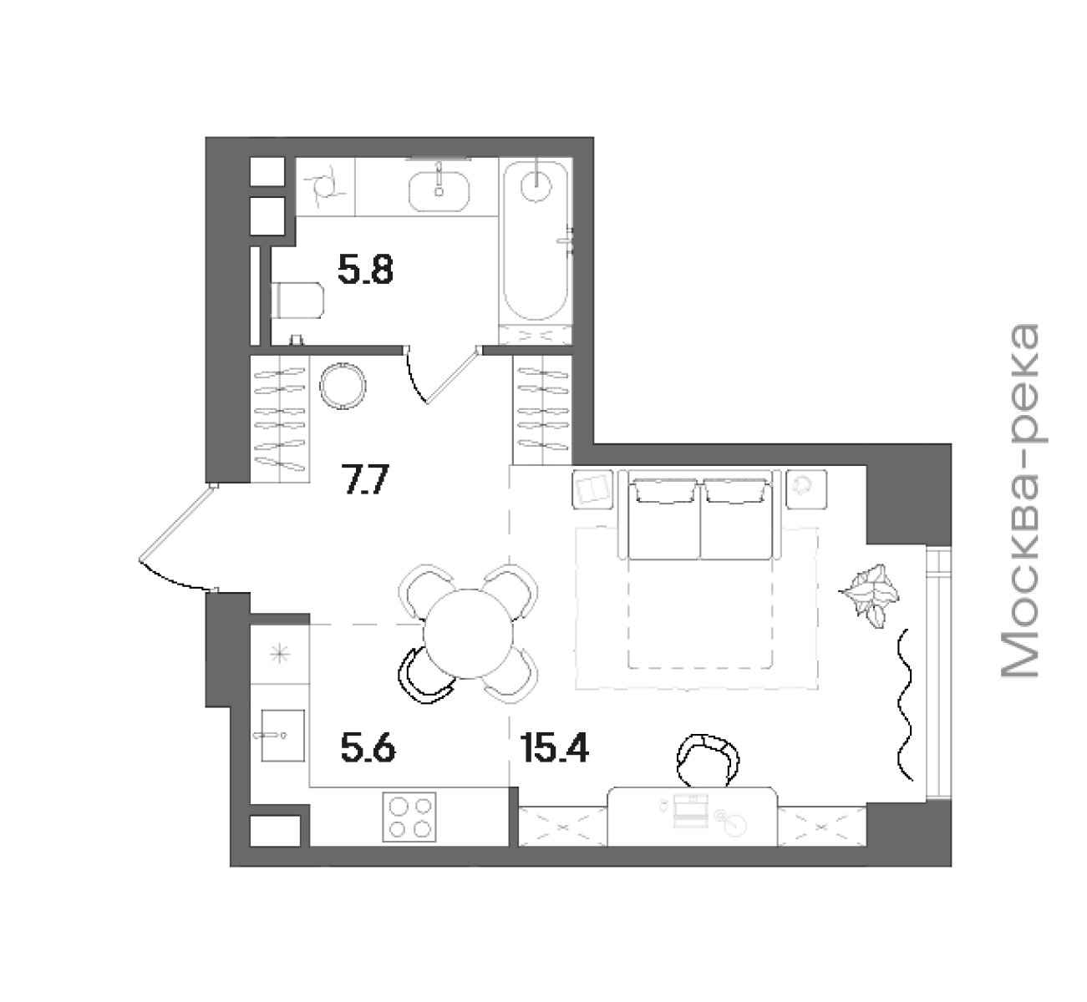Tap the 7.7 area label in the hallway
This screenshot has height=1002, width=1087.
pyautogui.click(x=365, y=478)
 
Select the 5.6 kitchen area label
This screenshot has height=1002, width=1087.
pyautogui.click(x=368, y=749)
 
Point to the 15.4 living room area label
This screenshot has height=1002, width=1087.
pyautogui.click(x=555, y=749)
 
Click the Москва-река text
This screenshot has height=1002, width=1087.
pyautogui.click(x=1020, y=501)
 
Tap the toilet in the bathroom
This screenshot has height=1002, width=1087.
pyautogui.click(x=297, y=300)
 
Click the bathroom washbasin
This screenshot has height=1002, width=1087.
pyautogui.click(x=439, y=191)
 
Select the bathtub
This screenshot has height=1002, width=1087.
pyautogui.click(x=536, y=240)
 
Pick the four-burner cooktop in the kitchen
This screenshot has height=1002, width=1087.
pyautogui.click(x=409, y=817)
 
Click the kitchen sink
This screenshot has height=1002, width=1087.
pyautogui.click(x=282, y=736)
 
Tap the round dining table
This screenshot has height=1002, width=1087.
pyautogui.click(x=468, y=633)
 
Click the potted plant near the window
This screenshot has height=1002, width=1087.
pyautogui.click(x=871, y=595)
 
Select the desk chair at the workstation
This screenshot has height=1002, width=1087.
pyautogui.click(x=708, y=761)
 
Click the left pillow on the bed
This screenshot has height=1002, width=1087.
pyautogui.click(x=665, y=491)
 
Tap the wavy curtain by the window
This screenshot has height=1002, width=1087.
pyautogui.click(x=906, y=704)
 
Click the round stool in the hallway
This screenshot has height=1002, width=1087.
pyautogui.click(x=343, y=385)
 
